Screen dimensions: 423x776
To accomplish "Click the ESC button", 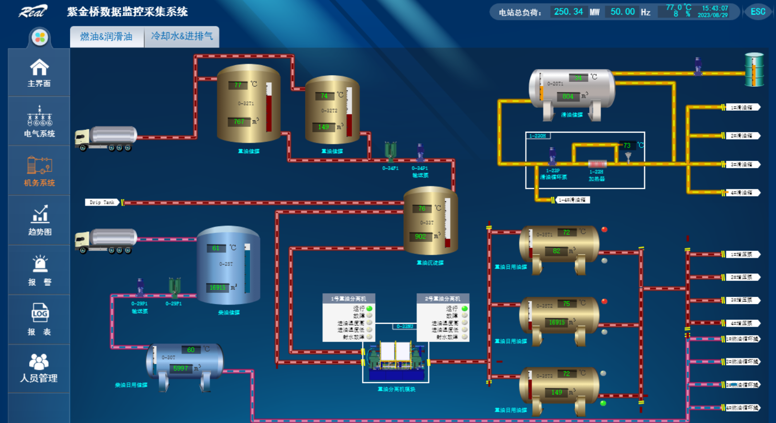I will click(758, 11).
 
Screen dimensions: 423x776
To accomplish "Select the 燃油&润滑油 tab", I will click(106, 36).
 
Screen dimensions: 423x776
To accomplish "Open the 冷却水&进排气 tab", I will click(182, 36).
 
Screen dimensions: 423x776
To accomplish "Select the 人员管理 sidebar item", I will click(39, 368).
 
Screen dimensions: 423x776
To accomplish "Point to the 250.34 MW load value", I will click(568, 11).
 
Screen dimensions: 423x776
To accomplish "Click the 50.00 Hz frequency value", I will click(623, 11).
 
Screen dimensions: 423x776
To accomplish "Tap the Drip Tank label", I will click(102, 202).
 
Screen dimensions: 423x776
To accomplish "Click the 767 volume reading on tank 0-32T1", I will click(239, 122).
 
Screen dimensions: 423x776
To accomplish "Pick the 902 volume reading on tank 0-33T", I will click(420, 236).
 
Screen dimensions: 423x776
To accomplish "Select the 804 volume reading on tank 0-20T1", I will click(568, 96).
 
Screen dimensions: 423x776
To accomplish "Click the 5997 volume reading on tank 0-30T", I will click(180, 368).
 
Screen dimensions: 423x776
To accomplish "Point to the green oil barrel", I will click(754, 69).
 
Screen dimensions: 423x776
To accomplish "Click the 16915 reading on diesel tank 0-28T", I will click(217, 287).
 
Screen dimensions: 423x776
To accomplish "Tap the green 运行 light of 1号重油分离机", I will click(369, 309).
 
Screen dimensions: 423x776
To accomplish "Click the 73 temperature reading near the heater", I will click(627, 145).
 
